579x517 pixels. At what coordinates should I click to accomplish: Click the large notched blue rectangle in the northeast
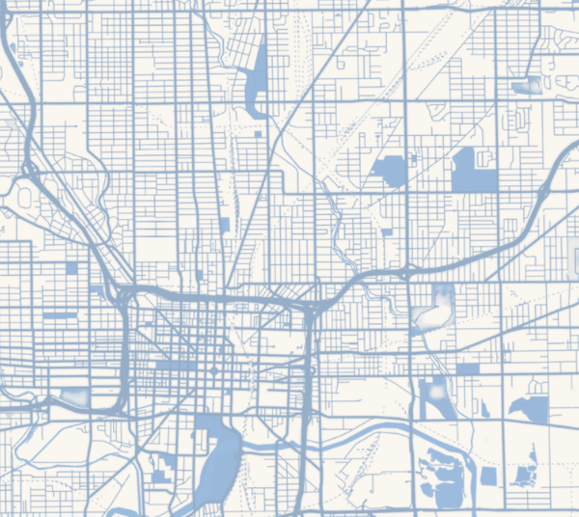(474, 172)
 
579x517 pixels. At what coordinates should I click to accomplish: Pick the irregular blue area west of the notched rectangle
(391, 171)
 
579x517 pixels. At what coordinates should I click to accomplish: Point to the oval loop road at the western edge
(24, 196)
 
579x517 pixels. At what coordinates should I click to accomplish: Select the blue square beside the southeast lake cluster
(488, 476)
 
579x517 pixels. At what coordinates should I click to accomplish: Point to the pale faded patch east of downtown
(437, 308)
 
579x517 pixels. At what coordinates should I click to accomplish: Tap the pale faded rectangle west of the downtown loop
(73, 396)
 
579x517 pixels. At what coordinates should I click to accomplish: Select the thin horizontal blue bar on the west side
(59, 315)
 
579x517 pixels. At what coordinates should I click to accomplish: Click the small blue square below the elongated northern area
(258, 134)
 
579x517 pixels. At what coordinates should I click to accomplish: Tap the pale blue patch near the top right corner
(529, 87)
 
